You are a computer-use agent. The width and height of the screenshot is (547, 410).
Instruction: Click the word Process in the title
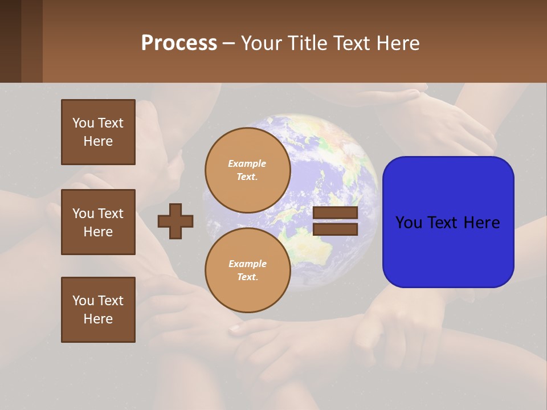point(179,43)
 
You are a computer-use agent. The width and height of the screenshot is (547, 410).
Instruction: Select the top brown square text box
point(98,132)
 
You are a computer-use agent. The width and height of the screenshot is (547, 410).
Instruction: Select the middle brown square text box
point(98,222)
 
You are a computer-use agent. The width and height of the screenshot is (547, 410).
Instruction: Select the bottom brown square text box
point(98,310)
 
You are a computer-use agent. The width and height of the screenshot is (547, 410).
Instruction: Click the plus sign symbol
point(175,221)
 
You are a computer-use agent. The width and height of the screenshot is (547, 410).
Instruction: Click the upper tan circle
point(247,170)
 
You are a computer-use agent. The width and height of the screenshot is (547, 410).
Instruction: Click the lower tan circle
point(247,270)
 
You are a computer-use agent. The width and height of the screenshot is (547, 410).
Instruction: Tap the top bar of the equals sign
point(335,213)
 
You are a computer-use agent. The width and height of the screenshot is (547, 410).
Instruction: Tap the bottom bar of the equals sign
point(335,229)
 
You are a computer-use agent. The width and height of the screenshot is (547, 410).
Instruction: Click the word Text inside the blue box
point(448,223)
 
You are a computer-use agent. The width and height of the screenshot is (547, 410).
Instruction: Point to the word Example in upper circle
point(247,163)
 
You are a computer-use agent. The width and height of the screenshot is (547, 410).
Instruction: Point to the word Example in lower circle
point(247,264)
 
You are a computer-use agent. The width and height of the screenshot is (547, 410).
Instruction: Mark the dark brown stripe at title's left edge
point(10,41)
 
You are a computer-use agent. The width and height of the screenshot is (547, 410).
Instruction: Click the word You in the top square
point(83,123)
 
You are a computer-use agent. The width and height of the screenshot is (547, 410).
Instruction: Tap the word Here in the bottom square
point(98,319)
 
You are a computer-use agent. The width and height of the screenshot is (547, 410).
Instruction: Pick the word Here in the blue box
point(482,223)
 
